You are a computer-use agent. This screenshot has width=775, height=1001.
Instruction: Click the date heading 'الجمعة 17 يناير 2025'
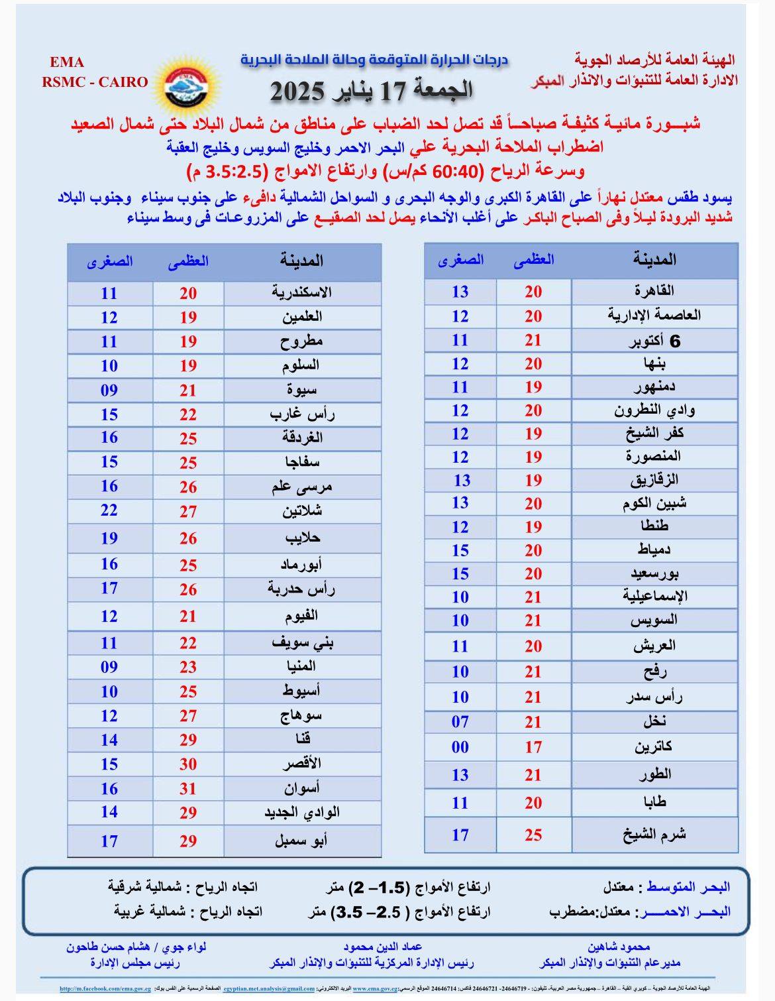(372, 89)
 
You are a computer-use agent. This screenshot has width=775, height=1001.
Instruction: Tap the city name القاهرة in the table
(654, 291)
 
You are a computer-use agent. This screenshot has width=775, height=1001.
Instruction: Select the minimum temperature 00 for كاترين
(460, 747)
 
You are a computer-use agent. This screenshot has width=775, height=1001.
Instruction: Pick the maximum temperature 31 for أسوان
(188, 788)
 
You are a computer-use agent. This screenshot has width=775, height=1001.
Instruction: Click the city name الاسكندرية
(302, 292)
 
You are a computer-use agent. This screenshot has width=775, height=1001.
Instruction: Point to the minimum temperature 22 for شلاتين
(109, 510)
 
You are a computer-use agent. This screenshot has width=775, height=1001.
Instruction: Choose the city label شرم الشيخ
(654, 835)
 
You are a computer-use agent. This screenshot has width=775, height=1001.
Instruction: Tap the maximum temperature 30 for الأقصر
(188, 764)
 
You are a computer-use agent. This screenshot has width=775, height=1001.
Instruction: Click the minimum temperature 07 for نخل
(460, 721)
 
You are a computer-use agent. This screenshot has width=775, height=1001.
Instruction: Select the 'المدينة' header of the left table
(301, 261)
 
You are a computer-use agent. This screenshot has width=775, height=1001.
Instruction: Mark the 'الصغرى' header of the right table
(461, 260)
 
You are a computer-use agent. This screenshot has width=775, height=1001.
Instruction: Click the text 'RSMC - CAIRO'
(95, 82)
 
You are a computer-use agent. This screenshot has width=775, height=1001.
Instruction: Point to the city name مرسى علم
(302, 487)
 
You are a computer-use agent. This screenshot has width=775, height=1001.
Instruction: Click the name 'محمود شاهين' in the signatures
(619, 947)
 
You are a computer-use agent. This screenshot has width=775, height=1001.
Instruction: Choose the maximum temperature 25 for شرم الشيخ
(533, 835)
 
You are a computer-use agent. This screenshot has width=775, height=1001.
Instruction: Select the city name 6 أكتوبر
(654, 341)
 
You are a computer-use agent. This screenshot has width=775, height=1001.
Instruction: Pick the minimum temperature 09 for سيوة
(109, 390)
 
